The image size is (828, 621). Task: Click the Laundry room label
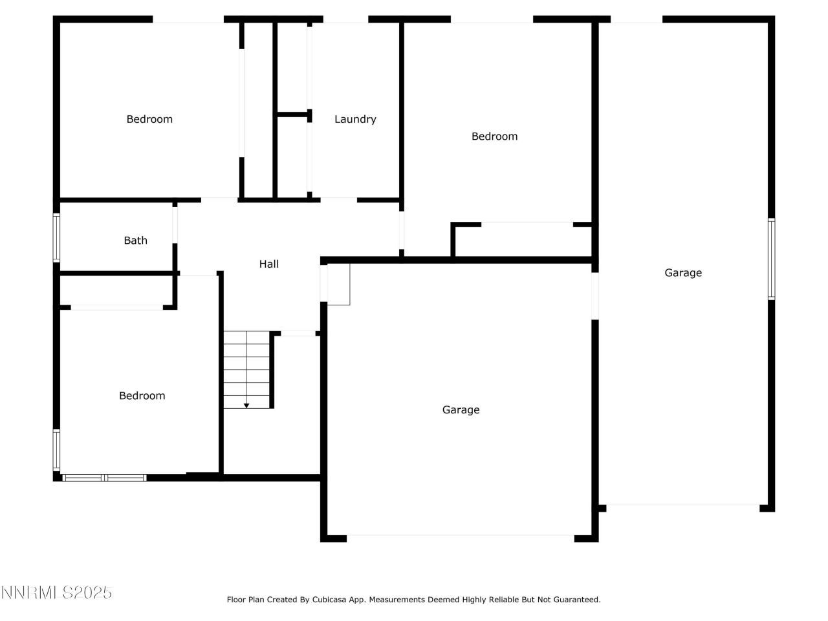(355, 119)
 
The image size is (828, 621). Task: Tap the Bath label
(135, 241)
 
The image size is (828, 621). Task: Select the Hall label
(269, 264)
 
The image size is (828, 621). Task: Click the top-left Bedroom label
(149, 119)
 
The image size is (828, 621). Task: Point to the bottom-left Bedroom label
(142, 396)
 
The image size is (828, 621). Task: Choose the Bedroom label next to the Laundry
(494, 136)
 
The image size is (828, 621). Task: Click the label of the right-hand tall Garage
(683, 273)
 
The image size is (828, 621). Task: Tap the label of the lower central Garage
(461, 409)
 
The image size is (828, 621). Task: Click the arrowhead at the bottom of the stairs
(246, 406)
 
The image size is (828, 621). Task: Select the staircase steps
(246, 369)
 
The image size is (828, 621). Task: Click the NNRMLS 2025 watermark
(57, 593)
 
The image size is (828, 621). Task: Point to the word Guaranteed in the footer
(577, 600)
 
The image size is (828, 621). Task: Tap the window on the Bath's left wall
(56, 238)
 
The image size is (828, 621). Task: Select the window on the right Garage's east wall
(771, 259)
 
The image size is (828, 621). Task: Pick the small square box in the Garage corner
(338, 284)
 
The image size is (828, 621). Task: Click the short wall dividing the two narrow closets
(293, 114)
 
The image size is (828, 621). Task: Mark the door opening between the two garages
(595, 296)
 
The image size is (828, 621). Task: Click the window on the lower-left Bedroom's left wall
(56, 450)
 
